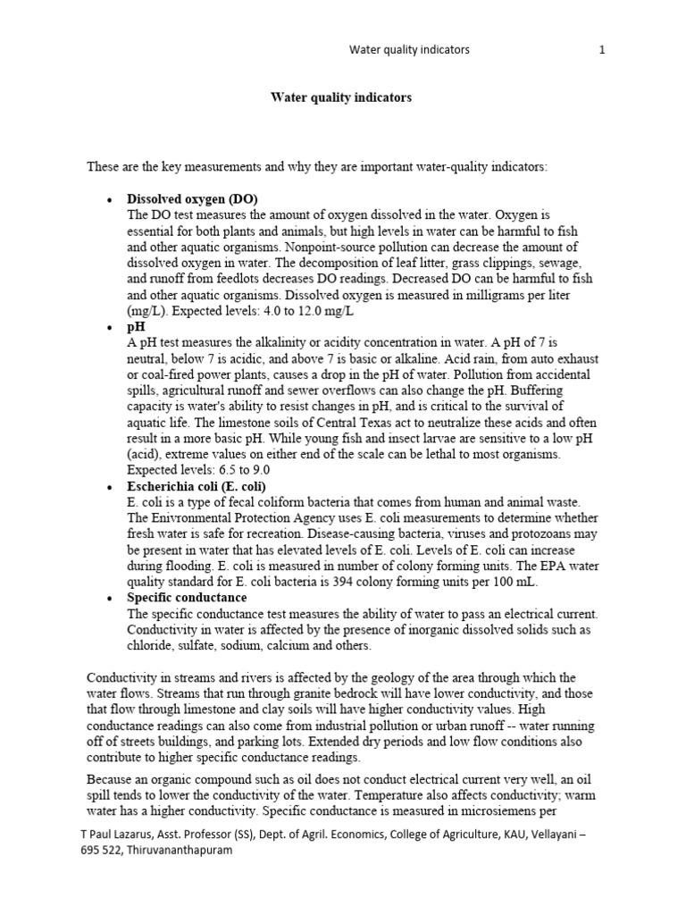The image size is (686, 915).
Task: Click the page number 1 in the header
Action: (602, 50)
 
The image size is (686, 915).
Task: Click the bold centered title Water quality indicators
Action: (341, 98)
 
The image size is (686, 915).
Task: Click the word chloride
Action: (149, 645)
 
